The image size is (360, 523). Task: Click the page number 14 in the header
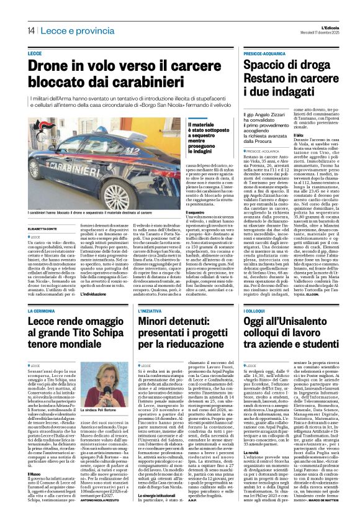(30, 30)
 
